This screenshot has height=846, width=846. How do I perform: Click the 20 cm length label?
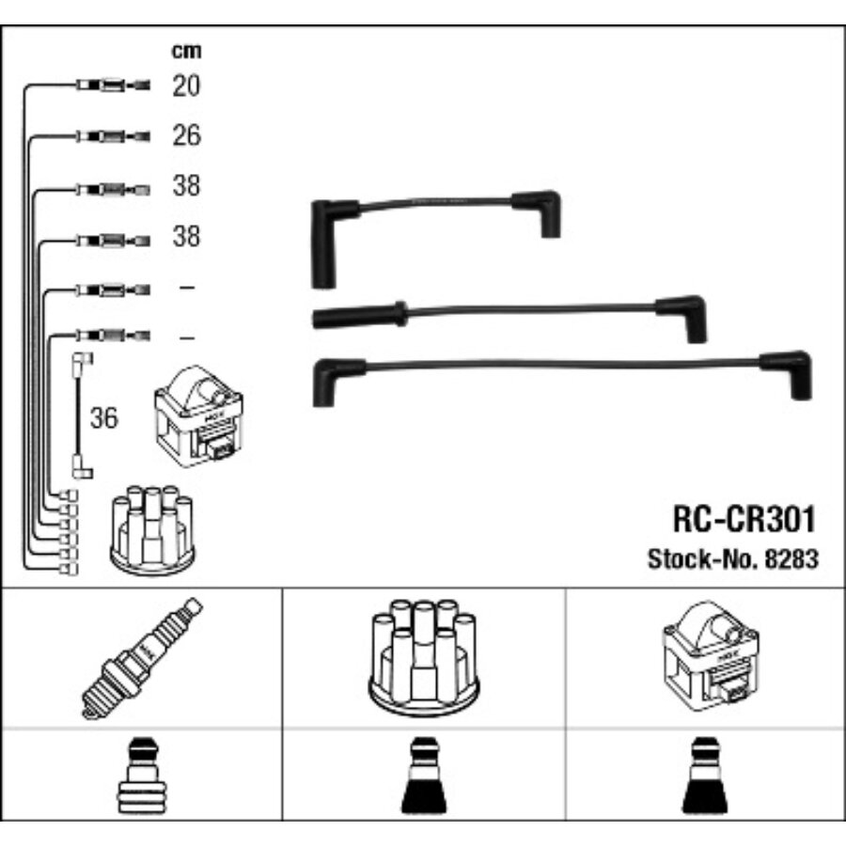tap(186, 86)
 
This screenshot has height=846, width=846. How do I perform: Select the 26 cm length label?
tap(187, 134)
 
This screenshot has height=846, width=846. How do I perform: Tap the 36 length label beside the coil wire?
tap(103, 417)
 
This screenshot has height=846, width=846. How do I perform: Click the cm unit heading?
tap(186, 51)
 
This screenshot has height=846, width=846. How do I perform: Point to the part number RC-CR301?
tap(744, 519)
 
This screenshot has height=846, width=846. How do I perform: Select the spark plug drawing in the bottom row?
tap(142, 658)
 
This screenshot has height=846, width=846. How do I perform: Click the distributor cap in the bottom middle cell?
tap(424, 656)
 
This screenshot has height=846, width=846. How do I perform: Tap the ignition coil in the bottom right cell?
tap(710, 657)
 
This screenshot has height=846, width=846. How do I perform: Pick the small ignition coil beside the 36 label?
tap(198, 415)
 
